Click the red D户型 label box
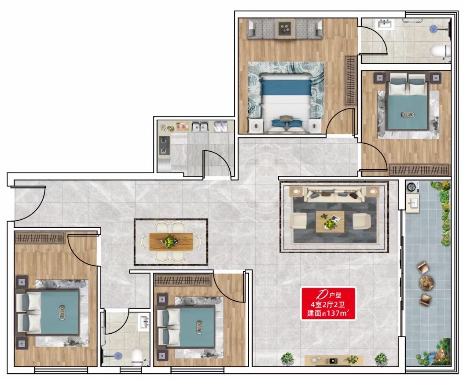click(328, 303)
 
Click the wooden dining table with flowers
click(171, 241)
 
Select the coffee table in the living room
click(330, 222)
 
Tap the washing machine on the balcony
click(412, 187)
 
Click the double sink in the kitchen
click(200, 126)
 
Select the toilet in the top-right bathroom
click(441, 51)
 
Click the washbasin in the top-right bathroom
click(385, 24)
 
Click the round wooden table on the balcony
click(426, 282)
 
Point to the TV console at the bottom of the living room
click(334, 360)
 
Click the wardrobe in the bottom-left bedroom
click(40, 238)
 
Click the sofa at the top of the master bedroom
click(285, 29)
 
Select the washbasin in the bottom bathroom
click(145, 322)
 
